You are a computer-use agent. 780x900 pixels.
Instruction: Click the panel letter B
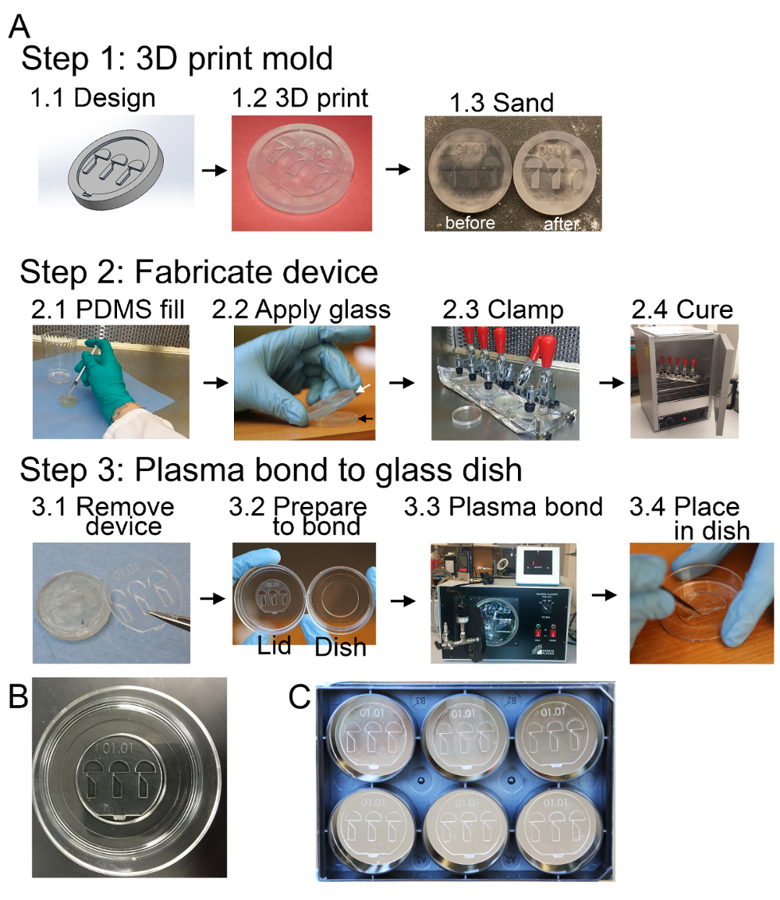click(x=19, y=699)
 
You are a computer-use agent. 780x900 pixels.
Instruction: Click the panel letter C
click(x=302, y=699)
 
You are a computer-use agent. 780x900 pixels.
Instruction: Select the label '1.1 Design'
click(x=93, y=98)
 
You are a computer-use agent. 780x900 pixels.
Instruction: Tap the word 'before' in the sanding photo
click(x=470, y=222)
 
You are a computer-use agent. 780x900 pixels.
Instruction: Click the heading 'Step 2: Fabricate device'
click(x=199, y=272)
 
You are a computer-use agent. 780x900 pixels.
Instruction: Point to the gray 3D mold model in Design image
click(x=117, y=174)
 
